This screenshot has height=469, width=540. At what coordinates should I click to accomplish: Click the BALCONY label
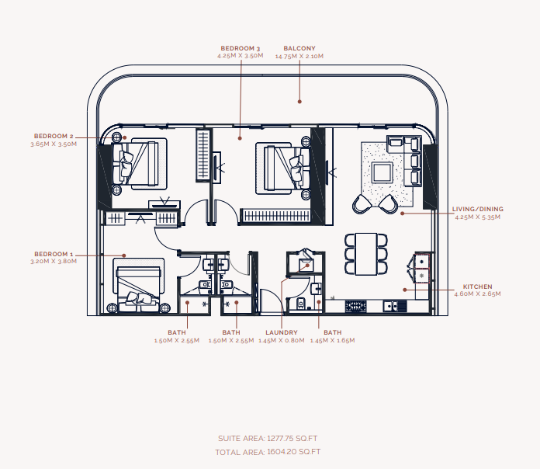(x=299, y=48)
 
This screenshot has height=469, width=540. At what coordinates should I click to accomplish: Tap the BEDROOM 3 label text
(x=241, y=48)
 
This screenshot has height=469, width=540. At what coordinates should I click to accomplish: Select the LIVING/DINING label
(x=478, y=209)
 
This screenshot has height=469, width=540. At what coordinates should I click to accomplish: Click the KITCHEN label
(x=477, y=287)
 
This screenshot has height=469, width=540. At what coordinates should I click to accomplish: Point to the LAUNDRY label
(x=282, y=332)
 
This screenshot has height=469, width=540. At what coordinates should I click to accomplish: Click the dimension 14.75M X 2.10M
(x=299, y=56)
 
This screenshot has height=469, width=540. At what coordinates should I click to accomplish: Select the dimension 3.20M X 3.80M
(x=54, y=261)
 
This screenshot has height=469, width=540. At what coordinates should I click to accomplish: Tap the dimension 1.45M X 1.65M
(x=332, y=340)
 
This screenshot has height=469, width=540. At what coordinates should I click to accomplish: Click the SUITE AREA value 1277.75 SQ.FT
(x=292, y=439)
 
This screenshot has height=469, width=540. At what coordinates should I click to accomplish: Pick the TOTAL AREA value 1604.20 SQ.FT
(x=294, y=451)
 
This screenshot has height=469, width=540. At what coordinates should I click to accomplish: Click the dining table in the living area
(x=366, y=254)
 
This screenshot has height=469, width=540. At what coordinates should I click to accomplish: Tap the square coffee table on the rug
(x=382, y=172)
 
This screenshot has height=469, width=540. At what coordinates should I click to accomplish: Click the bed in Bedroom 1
(x=139, y=286)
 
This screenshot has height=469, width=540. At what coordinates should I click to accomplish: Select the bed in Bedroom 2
(x=140, y=164)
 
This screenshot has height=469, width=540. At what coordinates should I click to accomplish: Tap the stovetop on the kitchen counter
(x=356, y=306)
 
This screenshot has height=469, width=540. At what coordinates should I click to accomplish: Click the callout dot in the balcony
(x=299, y=101)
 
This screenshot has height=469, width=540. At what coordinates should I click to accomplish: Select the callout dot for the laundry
(x=308, y=266)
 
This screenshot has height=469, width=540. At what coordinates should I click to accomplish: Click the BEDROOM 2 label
(x=54, y=136)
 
